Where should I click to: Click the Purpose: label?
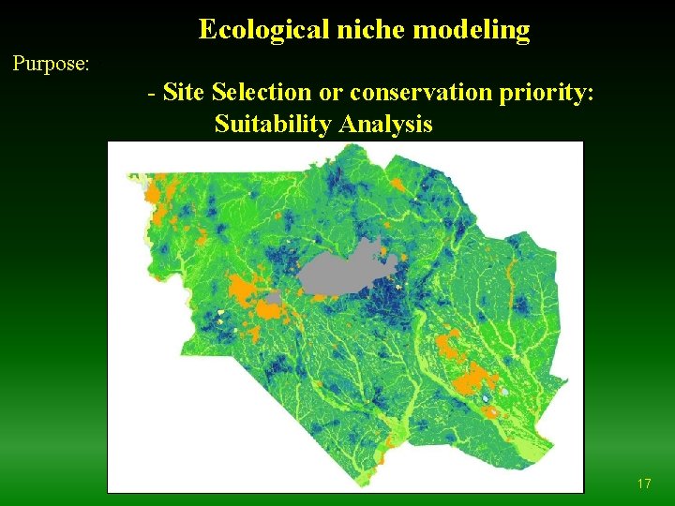pos(51,64)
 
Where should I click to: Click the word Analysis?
pos(386,124)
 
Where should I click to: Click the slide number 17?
pos(643,484)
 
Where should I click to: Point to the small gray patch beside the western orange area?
pos(273,298)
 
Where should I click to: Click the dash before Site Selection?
pos(152,93)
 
